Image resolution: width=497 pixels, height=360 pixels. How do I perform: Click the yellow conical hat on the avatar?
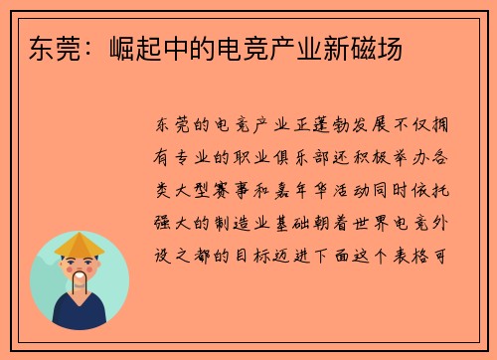[80, 243]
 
